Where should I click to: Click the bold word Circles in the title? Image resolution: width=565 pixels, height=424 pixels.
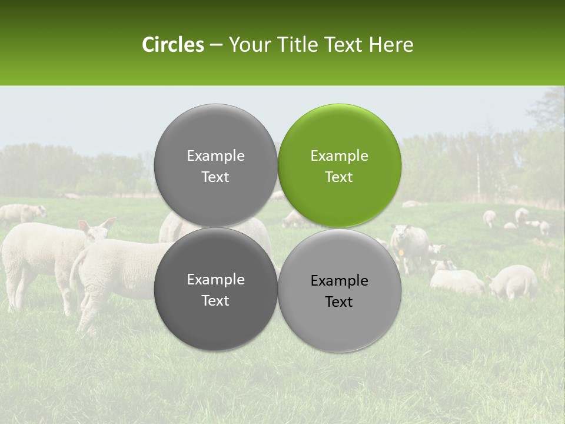pyautogui.click(x=173, y=45)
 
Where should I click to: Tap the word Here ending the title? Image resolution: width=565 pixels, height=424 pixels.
pyautogui.click(x=391, y=45)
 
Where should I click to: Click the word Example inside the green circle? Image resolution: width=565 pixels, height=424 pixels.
pyautogui.click(x=339, y=156)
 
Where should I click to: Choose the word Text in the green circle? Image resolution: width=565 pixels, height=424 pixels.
pyautogui.click(x=339, y=177)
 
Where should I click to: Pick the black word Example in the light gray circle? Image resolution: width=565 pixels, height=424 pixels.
pyautogui.click(x=339, y=281)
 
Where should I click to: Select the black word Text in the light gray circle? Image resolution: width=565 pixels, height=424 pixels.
pyautogui.click(x=339, y=302)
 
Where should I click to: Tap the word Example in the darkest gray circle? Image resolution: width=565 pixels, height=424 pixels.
pyautogui.click(x=215, y=280)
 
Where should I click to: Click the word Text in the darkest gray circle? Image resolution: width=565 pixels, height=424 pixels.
pyautogui.click(x=215, y=301)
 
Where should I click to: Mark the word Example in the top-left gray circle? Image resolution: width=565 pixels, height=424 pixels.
pyautogui.click(x=215, y=156)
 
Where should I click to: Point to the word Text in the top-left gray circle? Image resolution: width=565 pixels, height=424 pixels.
pyautogui.click(x=215, y=177)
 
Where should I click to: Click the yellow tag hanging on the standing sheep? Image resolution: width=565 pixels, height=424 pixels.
pyautogui.click(x=401, y=252)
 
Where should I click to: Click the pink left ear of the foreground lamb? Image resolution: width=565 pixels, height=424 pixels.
pyautogui.click(x=84, y=226)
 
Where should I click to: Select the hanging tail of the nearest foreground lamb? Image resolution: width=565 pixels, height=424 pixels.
pyautogui.click(x=75, y=277)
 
